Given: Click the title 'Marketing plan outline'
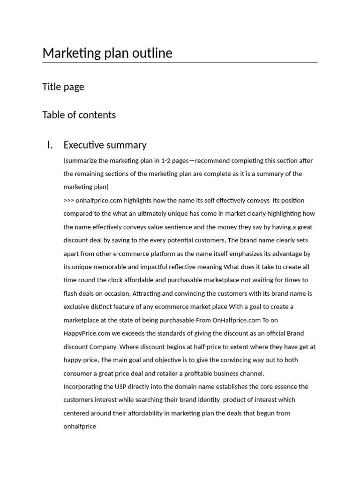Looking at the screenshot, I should [x=107, y=53].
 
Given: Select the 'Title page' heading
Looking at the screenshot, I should [x=63, y=87].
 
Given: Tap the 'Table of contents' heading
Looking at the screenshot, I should [x=79, y=115].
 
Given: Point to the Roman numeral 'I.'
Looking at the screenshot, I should [x=50, y=145].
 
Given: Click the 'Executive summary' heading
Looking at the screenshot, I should [x=105, y=145].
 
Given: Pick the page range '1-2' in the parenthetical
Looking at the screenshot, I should [x=166, y=161].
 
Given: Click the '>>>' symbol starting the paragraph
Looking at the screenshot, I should [x=68, y=201].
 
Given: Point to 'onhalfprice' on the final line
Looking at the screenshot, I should [x=80, y=427].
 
